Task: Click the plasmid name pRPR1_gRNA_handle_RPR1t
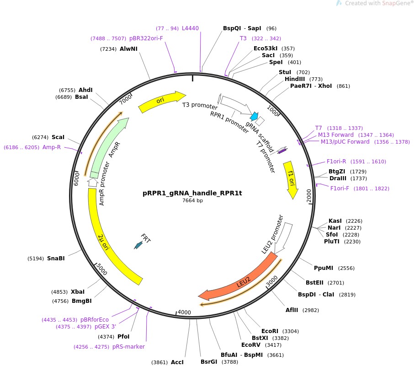[x=192, y=193]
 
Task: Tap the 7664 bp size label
[x=192, y=201]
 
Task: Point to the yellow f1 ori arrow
[x=290, y=179]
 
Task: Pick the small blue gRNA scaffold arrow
[x=254, y=117]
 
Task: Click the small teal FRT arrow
[x=138, y=245]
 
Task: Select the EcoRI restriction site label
[x=270, y=331]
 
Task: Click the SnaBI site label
[x=56, y=258]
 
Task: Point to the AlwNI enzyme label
[x=128, y=49]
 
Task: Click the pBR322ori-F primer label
[x=146, y=38]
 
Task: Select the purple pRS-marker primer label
[x=128, y=347]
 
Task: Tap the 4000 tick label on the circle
[x=184, y=312]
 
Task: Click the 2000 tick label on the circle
[x=309, y=197]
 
